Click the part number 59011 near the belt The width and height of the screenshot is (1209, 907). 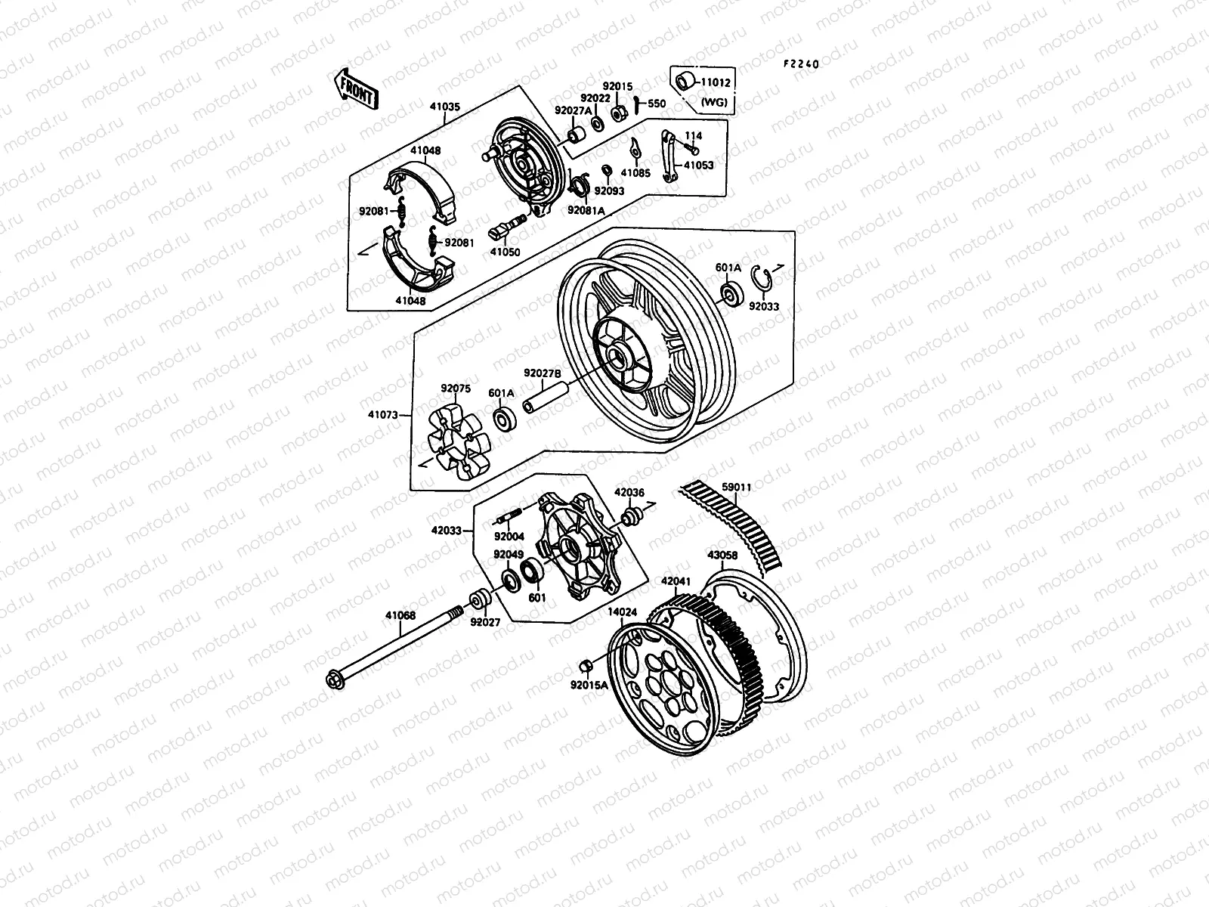pyautogui.click(x=737, y=488)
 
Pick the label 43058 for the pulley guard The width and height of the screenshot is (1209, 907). pyautogui.click(x=722, y=556)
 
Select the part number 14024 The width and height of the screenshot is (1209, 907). pyautogui.click(x=622, y=612)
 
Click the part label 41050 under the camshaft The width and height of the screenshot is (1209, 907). pyautogui.click(x=505, y=252)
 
